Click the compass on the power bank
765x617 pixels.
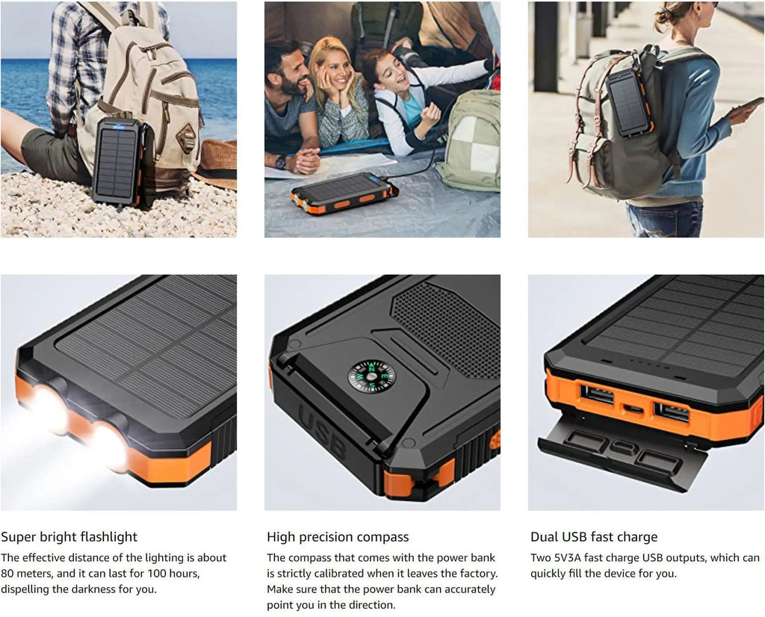click(x=371, y=376)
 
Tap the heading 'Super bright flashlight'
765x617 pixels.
click(x=69, y=536)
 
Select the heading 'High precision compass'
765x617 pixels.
click(x=338, y=536)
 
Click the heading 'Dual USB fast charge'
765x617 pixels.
click(x=594, y=536)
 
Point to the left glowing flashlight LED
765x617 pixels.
click(x=50, y=410)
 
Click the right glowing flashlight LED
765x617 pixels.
click(x=109, y=447)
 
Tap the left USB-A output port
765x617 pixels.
click(x=597, y=395)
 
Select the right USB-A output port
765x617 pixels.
click(x=672, y=412)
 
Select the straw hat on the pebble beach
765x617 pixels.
click(x=216, y=164)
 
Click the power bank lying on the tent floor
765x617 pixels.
click(x=344, y=193)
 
